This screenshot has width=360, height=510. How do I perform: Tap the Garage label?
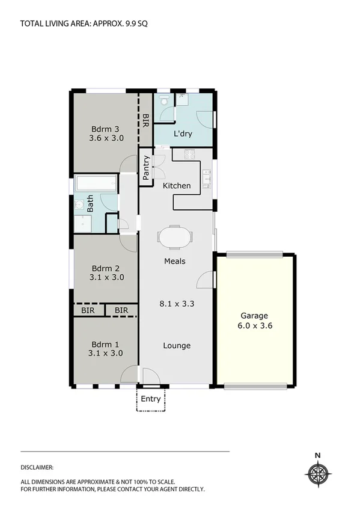(x=254, y=316)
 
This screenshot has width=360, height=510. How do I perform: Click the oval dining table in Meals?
(x=175, y=236)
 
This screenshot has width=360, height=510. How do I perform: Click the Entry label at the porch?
(x=151, y=399)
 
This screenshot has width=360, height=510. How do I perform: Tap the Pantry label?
(x=146, y=167)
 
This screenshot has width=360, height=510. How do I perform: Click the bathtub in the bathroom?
(x=96, y=184)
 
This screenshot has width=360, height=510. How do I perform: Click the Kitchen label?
(x=177, y=186)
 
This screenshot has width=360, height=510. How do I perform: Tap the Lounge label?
(x=177, y=345)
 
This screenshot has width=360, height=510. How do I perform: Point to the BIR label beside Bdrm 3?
(x=145, y=121)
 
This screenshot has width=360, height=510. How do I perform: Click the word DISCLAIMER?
(x=37, y=467)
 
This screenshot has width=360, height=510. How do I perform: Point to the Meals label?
(x=175, y=261)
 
